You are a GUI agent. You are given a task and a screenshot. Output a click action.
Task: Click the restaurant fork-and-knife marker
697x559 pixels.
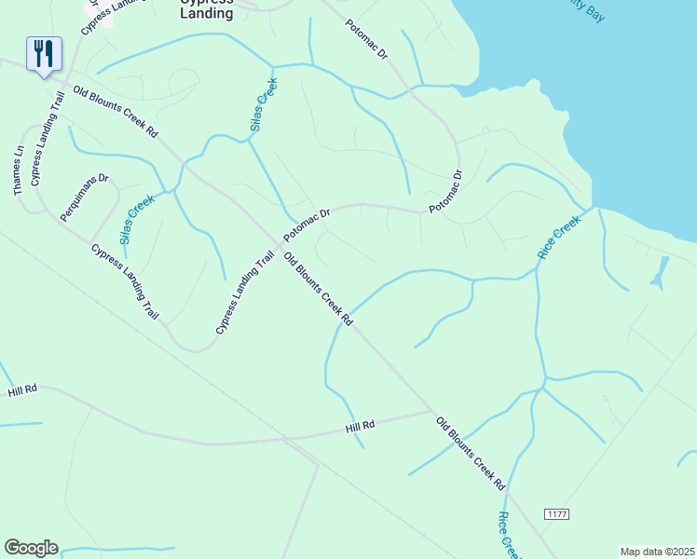(x=44, y=54)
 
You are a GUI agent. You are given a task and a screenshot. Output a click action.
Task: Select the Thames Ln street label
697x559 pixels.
(x=18, y=170)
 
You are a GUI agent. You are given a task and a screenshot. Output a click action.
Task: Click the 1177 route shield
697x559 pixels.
(x=556, y=515)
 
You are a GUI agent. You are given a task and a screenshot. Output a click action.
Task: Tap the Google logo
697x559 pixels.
(x=31, y=548)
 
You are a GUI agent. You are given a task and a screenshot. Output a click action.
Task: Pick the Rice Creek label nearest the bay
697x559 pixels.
(x=559, y=237)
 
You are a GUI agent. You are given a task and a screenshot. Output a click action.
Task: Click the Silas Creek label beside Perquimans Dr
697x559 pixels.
(x=137, y=220)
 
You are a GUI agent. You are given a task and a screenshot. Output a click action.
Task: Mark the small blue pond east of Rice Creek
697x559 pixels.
(x=660, y=272)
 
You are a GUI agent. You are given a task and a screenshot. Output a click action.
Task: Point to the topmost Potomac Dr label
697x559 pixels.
(x=365, y=40)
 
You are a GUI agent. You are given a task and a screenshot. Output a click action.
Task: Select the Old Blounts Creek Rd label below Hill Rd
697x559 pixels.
(x=471, y=454)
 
